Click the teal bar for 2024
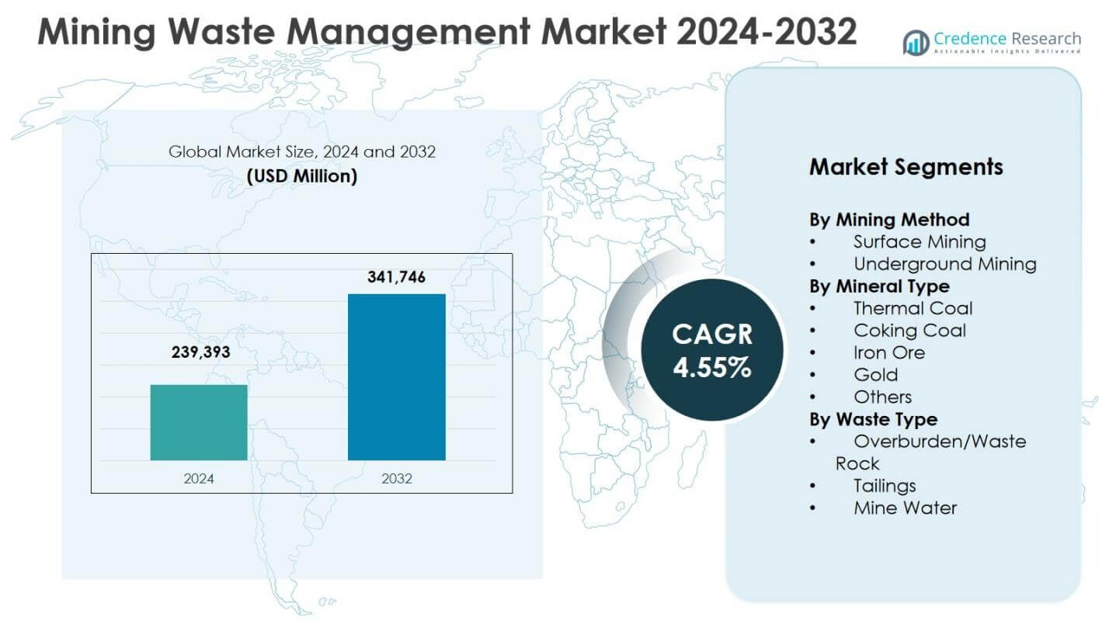pyautogui.click(x=199, y=422)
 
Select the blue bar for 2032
pyautogui.click(x=396, y=377)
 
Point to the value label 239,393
pyautogui.click(x=201, y=352)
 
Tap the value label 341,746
pyautogui.click(x=396, y=277)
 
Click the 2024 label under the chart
pyautogui.click(x=199, y=478)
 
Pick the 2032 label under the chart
pyautogui.click(x=397, y=478)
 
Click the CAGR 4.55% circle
pyautogui.click(x=711, y=351)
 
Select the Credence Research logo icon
pyautogui.click(x=916, y=43)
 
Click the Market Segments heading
pyautogui.click(x=906, y=167)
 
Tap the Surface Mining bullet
pyautogui.click(x=920, y=242)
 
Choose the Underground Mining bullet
pyautogui.click(x=944, y=264)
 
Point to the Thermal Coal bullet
pyautogui.click(x=913, y=308)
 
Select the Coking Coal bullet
pyautogui.click(x=909, y=331)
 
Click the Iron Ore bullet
pyautogui.click(x=889, y=352)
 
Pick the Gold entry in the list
pyautogui.click(x=875, y=375)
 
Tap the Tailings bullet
pyautogui.click(x=885, y=486)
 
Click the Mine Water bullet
pyautogui.click(x=905, y=508)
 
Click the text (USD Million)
pyautogui.click(x=302, y=176)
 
